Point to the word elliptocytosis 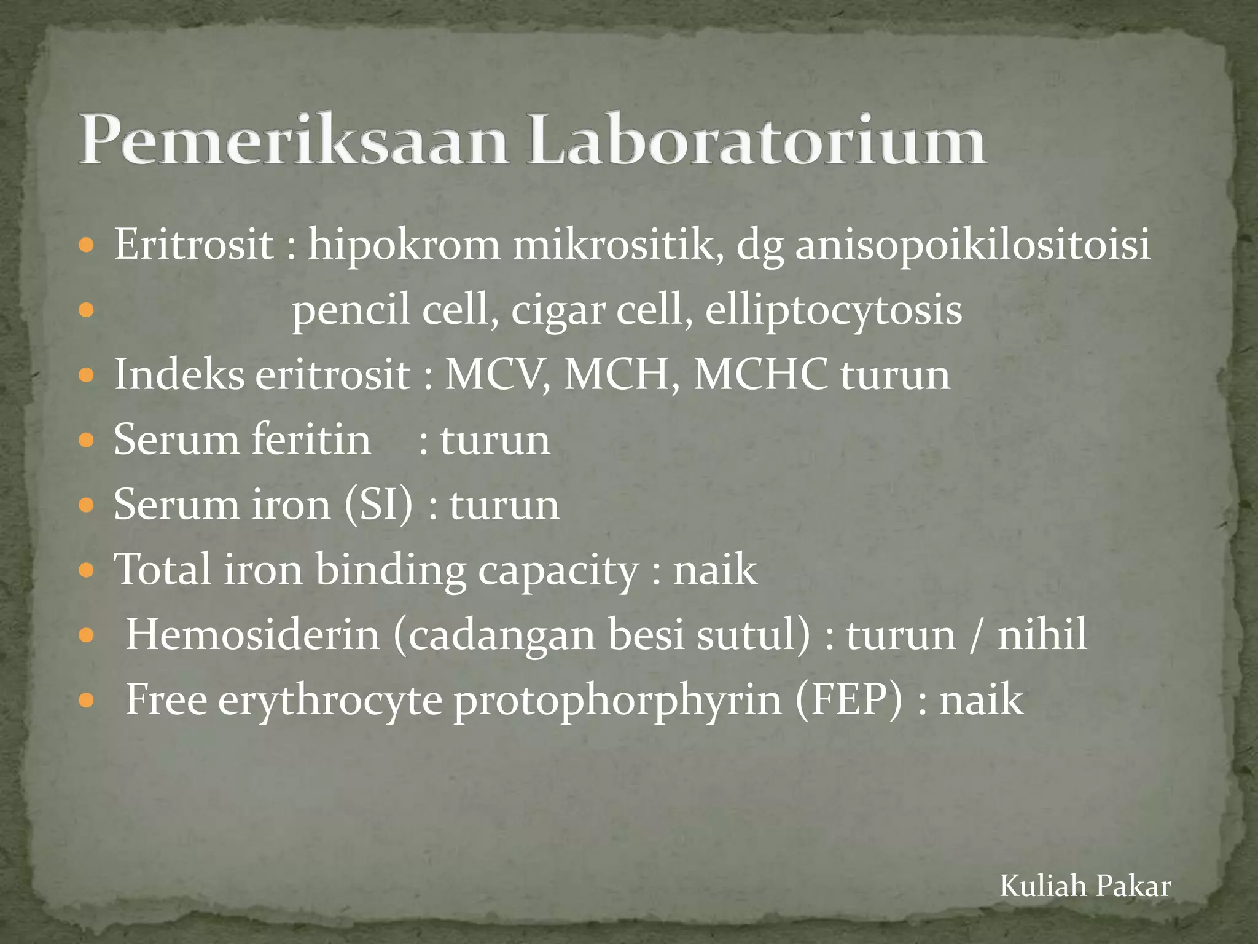[833, 310]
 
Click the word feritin [311, 440]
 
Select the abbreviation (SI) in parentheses [378, 505]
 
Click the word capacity [558, 571]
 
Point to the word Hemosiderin [252, 635]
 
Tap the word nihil [1042, 635]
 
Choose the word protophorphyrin [618, 701]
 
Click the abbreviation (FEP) [849, 700]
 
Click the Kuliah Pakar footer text [1085, 886]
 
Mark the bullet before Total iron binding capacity [87, 570]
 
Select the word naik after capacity [715, 570]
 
